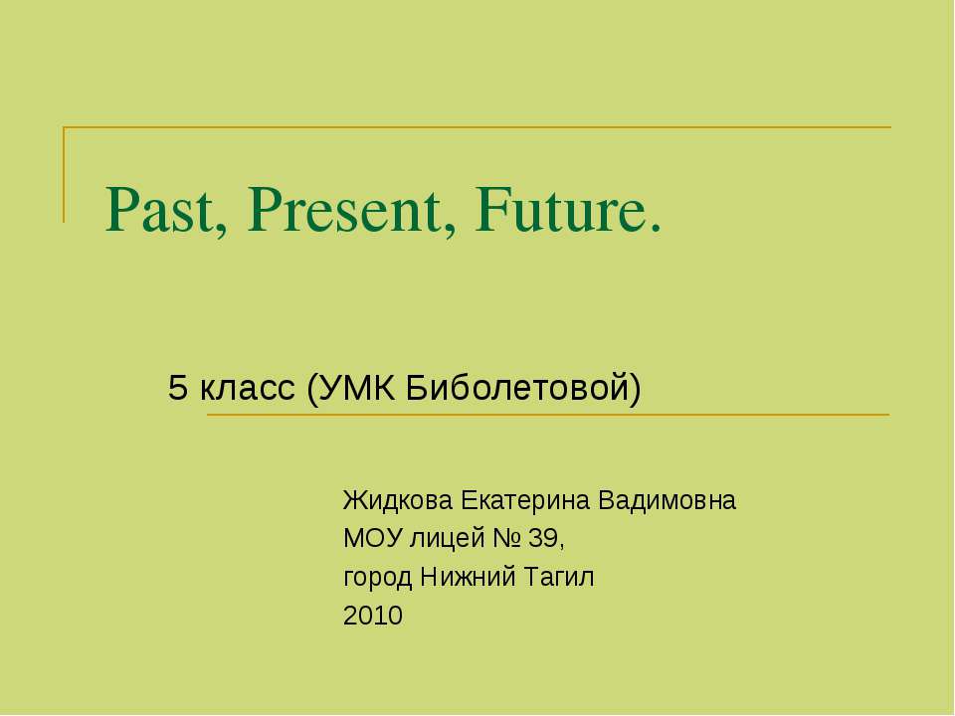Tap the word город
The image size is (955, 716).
378,578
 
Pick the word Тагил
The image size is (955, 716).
559,578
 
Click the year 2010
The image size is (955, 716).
372,617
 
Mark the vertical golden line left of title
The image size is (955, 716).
65,174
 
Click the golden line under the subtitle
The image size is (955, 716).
547,415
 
